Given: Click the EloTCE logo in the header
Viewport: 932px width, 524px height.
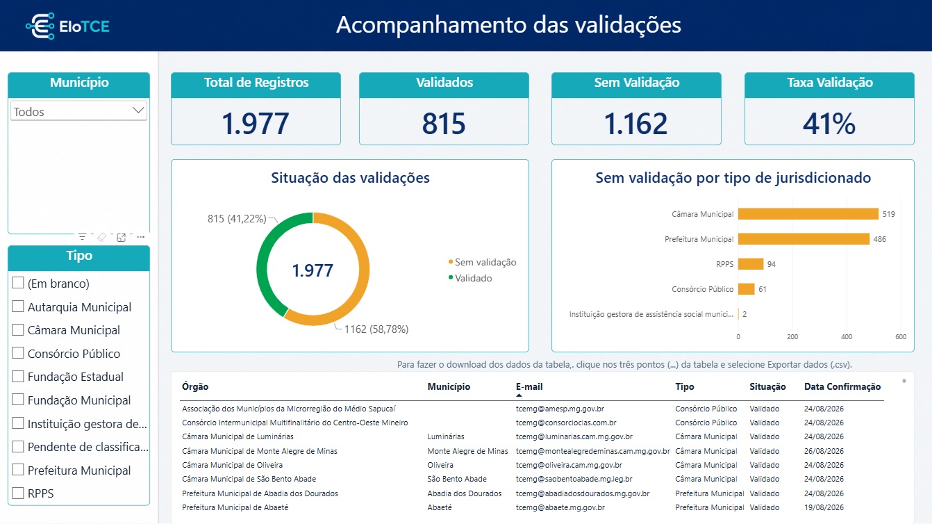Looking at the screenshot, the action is pos(68,26).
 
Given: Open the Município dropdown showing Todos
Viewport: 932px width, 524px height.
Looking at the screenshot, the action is pos(78,111).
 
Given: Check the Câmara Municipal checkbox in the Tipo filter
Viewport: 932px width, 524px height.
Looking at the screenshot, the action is pos(18,329).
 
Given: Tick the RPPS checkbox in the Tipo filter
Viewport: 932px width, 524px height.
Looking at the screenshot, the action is pos(18,493).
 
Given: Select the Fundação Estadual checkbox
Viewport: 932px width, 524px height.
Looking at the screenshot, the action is pos(18,376).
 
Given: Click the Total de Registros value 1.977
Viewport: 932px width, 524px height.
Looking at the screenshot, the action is pos(256,124).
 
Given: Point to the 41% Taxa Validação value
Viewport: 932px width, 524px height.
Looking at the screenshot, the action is pos(829,124).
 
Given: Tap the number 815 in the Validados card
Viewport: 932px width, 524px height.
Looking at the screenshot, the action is pos(444,124).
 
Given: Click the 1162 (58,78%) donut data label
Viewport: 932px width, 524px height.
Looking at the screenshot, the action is pos(376,329).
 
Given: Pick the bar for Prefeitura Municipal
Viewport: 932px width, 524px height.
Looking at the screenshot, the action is pos(804,239).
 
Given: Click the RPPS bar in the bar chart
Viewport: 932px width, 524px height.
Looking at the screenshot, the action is pos(751,264).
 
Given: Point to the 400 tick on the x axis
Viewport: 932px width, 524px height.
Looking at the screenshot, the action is pos(847,337).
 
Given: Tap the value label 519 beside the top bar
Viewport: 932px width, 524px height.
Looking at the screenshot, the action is pos(888,214).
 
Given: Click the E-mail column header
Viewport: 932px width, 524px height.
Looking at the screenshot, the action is pos(529,386).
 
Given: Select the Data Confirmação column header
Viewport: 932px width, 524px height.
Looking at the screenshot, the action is pos(842,386).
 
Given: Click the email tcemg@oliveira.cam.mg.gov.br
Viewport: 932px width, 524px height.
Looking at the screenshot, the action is pos(569,465).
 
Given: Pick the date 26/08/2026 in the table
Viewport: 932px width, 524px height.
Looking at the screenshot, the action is pos(824,451).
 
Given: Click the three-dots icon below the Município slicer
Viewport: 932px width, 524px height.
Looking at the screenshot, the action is pos(140,237).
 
